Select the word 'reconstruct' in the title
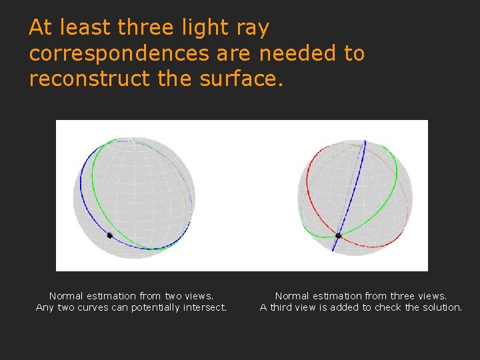[90, 79]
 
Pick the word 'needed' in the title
[299, 53]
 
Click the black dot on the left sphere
[110, 235]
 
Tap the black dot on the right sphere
[339, 235]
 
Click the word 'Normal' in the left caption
[65, 295]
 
